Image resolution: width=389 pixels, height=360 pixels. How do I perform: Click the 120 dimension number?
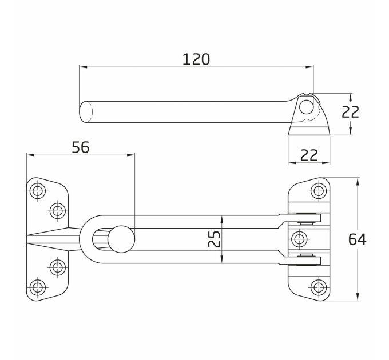tap(196, 59)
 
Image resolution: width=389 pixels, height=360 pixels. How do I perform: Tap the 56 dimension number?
tap(81, 147)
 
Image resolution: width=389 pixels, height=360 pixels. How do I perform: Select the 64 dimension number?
tap(357, 239)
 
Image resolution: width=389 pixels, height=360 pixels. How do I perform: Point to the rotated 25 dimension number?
tap(214, 239)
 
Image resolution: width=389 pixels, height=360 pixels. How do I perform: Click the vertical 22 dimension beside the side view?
tap(350, 112)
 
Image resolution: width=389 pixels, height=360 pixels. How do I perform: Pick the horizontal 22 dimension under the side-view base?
tap(309, 155)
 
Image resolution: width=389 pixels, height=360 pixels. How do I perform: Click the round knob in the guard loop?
tap(121, 239)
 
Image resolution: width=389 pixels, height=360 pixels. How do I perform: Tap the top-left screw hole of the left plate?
tap(38, 191)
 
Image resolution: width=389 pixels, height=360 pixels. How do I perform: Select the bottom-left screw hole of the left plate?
tap(38, 287)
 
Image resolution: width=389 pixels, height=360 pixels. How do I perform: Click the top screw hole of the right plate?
tap(319, 191)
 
